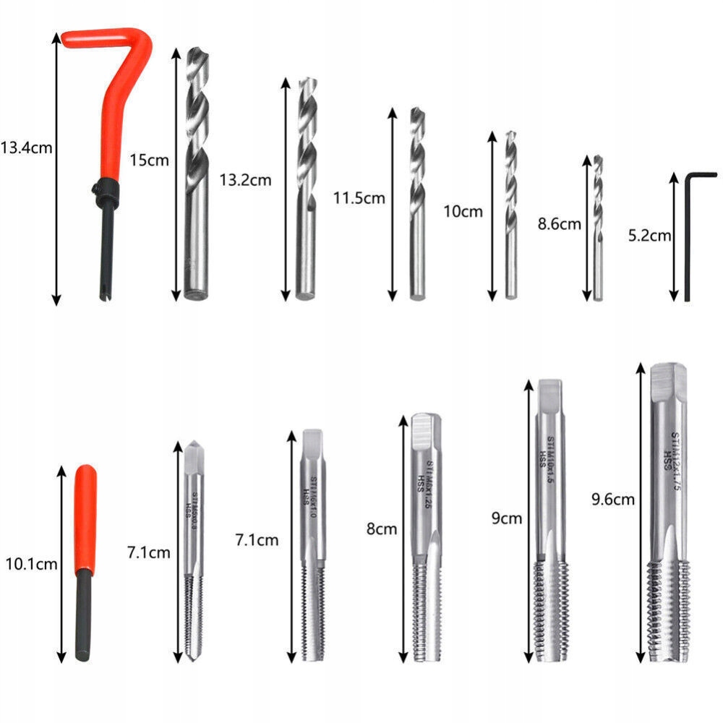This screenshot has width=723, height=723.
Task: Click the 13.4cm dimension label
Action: tap(27, 148)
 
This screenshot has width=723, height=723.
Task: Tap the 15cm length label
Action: tap(149, 160)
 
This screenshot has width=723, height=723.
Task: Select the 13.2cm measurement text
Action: tap(245, 180)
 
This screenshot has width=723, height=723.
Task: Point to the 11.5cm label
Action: tap(359, 197)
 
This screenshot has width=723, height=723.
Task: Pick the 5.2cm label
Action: tap(650, 235)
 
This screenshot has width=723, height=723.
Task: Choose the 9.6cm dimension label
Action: tap(612, 498)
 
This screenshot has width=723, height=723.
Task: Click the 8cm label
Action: tap(382, 529)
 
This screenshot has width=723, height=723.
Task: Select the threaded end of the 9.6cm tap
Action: tap(664, 611)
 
